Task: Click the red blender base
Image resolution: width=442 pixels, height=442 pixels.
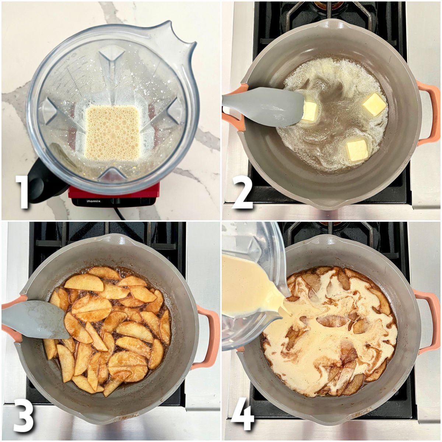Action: click(x=114, y=192)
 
